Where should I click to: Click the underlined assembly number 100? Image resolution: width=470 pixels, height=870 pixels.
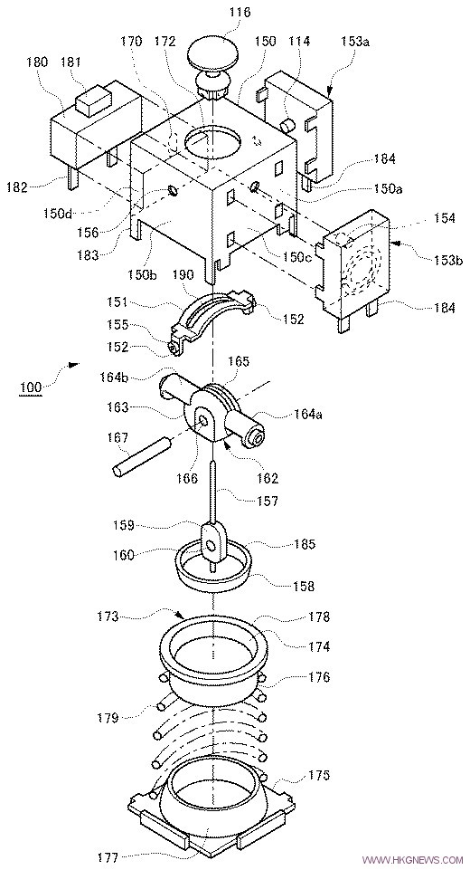click(x=31, y=387)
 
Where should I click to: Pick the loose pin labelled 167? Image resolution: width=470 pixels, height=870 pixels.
click(x=141, y=456)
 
